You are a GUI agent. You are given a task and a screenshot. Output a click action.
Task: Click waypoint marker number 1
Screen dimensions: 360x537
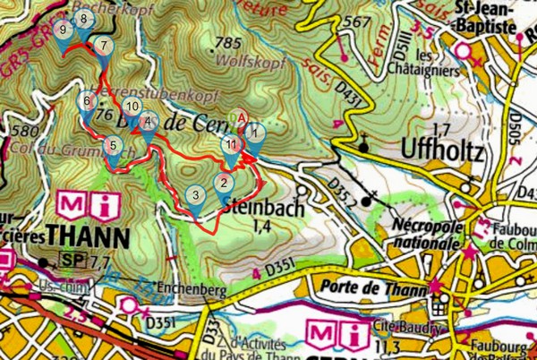pyautogui.click(x=255, y=135)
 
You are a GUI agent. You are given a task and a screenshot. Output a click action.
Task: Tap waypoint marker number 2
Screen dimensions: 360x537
pyautogui.click(x=222, y=186)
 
